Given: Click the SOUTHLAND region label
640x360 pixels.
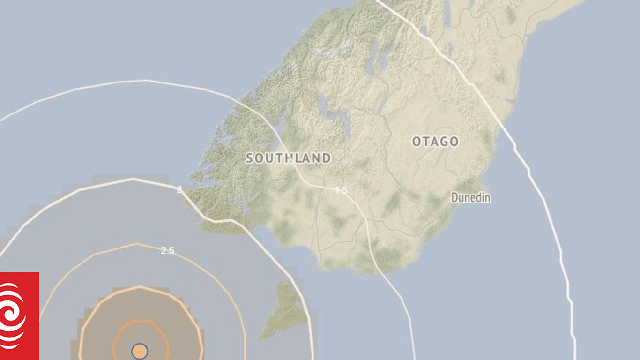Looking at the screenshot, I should tap(288, 158).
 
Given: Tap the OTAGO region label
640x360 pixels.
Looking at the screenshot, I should tap(435, 142).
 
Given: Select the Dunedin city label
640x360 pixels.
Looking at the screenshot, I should tap(471, 198).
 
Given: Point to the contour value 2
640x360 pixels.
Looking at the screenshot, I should tap(179, 189).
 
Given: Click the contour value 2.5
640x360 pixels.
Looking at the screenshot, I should tap(167, 250).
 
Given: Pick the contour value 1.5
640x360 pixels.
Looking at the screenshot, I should tap(342, 190).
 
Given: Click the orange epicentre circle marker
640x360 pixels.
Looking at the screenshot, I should tap(140, 351).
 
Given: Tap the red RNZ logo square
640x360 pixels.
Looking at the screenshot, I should tap(19, 316).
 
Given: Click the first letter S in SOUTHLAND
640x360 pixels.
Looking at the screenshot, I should tap(250, 158).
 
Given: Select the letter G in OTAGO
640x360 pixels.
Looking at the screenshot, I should tap(443, 142).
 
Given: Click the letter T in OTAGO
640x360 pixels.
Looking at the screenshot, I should tap(425, 142).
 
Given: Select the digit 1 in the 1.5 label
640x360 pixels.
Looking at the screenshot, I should tap(337, 190).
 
